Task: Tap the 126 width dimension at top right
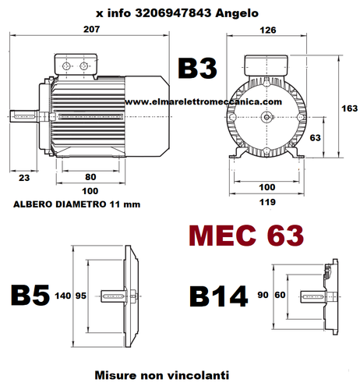pyautogui.click(x=268, y=30)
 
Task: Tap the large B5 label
pyautogui.click(x=30, y=296)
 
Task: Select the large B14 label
pyautogui.click(x=219, y=296)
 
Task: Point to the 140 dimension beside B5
pyautogui.click(x=62, y=296)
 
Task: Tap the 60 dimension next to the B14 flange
pyautogui.click(x=279, y=296)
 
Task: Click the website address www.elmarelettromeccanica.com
pyautogui.click(x=202, y=101)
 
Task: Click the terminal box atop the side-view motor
pyautogui.click(x=74, y=63)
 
